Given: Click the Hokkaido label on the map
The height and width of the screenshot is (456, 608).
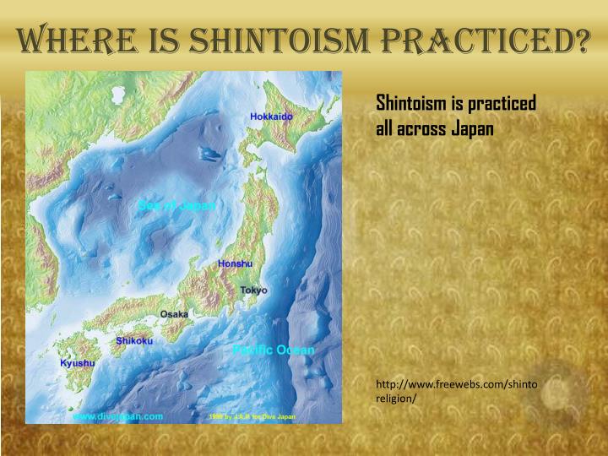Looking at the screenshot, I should tap(271, 116).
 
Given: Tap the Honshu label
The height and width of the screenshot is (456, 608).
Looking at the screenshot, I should tap(235, 263).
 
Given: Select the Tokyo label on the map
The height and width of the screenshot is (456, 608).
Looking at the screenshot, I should tap(253, 290).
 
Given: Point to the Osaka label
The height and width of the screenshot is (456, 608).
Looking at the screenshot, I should tap(175, 314).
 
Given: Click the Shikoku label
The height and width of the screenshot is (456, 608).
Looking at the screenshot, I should tap(134, 340).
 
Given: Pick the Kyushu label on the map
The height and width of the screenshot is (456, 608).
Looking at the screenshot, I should tap(78, 363).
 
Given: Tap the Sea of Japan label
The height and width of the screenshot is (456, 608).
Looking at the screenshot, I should tap(176, 206).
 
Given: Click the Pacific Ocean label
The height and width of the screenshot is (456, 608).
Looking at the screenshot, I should tap(273, 350).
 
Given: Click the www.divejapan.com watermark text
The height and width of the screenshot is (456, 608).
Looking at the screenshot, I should tap(117, 416).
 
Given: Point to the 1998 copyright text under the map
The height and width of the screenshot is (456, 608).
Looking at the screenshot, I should tap(251, 417).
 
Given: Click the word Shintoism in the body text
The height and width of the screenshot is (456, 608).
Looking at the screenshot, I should tap(412, 103).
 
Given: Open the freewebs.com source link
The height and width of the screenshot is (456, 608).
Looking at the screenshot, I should tap(456, 384).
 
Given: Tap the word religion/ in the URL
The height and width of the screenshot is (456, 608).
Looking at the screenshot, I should tap(396, 399).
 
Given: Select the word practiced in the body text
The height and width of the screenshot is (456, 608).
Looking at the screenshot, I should tap(500, 103).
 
